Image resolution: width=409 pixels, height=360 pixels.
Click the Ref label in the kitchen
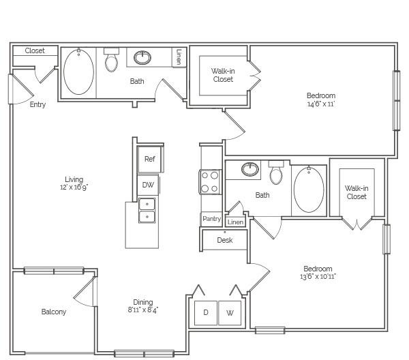click(x=150, y=159)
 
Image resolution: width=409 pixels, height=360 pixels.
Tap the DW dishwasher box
click(x=148, y=185)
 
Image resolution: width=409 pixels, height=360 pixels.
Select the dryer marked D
click(x=206, y=313)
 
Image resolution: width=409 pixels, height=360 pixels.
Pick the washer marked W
click(x=230, y=313)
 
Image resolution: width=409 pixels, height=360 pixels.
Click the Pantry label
click(x=211, y=219)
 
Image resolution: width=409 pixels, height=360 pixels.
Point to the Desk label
click(x=225, y=240)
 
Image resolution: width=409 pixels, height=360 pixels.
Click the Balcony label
click(x=54, y=312)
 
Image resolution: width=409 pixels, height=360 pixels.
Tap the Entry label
click(x=37, y=104)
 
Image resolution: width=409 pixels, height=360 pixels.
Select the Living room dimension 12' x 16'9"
click(x=74, y=187)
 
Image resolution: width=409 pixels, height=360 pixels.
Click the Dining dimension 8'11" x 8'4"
click(x=143, y=310)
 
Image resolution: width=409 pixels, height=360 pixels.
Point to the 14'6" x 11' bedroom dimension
click(x=321, y=104)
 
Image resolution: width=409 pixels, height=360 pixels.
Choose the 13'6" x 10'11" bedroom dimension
click(x=318, y=277)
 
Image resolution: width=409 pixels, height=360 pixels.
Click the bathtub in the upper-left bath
click(x=78, y=72)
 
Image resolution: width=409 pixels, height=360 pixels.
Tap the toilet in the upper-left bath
click(x=111, y=60)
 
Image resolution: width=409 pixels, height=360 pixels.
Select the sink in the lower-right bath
click(x=250, y=169)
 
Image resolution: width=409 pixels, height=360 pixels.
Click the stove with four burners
click(x=210, y=182)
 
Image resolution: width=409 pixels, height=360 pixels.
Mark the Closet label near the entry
click(x=35, y=50)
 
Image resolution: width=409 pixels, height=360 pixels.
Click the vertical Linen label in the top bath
click(x=179, y=57)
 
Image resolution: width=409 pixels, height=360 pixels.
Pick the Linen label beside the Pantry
click(x=236, y=222)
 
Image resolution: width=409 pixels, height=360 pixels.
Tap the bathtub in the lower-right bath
click(x=309, y=190)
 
